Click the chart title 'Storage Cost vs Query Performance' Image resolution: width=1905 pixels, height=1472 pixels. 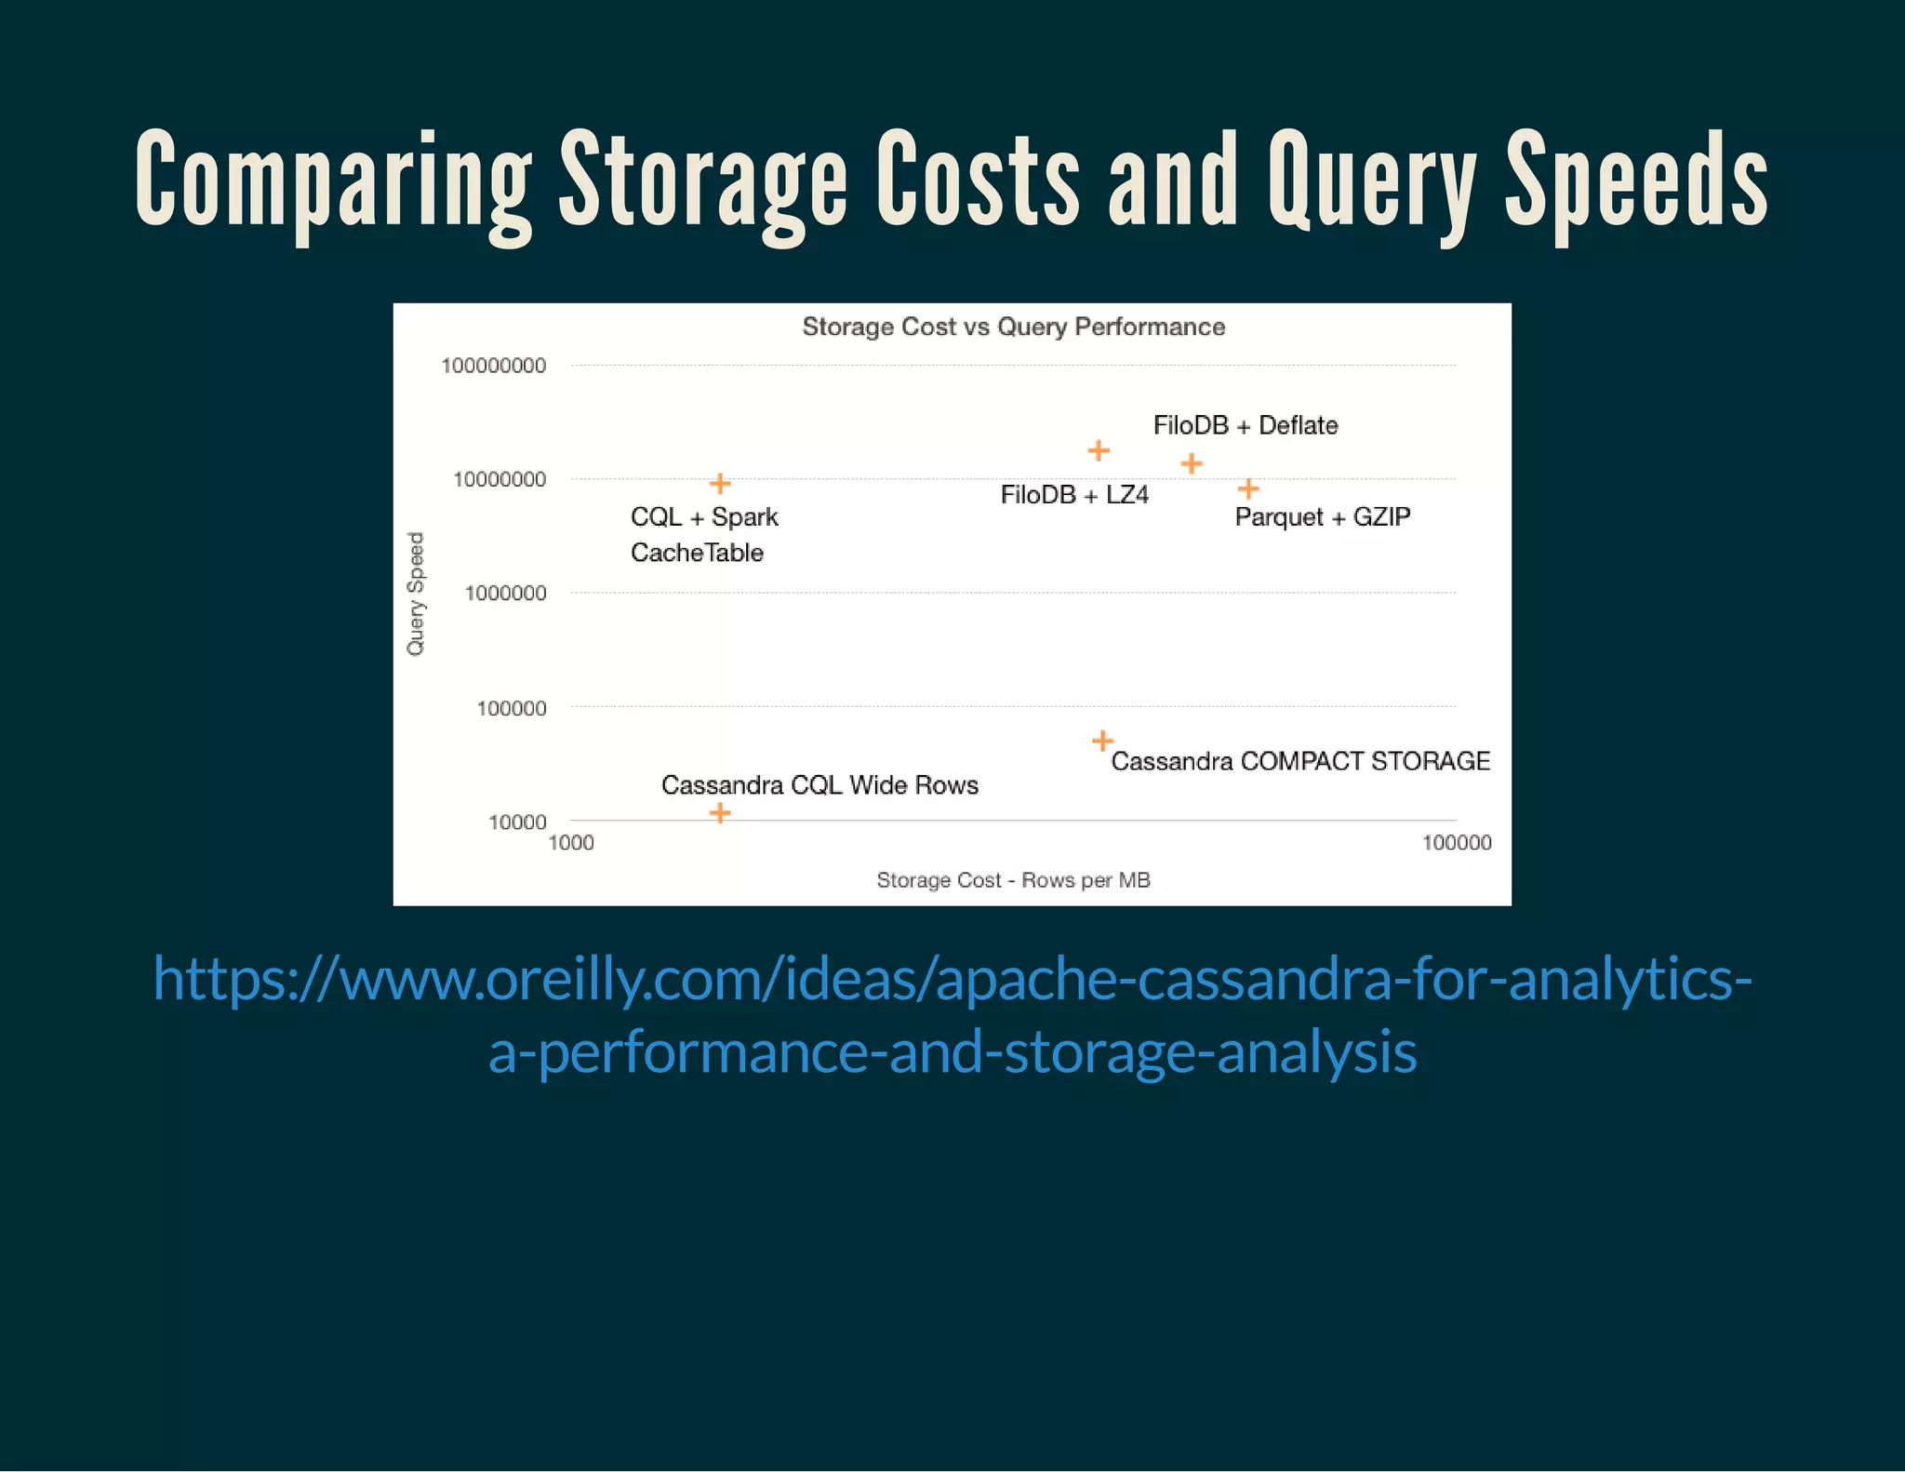click(x=1013, y=327)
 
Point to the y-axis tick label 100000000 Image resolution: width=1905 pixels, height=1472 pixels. click(x=493, y=366)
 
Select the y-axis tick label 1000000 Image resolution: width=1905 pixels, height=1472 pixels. click(x=505, y=594)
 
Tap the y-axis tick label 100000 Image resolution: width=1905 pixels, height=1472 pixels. click(x=511, y=708)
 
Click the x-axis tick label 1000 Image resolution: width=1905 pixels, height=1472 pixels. click(x=571, y=843)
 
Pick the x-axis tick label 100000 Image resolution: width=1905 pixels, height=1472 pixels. click(x=1457, y=843)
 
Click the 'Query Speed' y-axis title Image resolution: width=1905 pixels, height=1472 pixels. click(x=416, y=594)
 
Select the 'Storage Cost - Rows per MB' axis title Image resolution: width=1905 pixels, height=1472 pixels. click(x=1013, y=880)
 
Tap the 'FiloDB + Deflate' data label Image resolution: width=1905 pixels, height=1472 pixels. click(x=1245, y=425)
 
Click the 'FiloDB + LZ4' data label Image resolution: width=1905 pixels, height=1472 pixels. click(x=1074, y=495)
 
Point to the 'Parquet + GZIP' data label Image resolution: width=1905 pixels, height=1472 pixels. click(x=1322, y=516)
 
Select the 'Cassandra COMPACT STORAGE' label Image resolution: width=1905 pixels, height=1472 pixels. click(x=1300, y=761)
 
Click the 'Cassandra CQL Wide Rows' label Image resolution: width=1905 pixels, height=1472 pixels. click(x=819, y=785)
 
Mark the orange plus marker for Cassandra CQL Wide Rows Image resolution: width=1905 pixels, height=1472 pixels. click(x=720, y=813)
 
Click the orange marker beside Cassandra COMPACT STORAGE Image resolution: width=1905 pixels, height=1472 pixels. click(x=1102, y=741)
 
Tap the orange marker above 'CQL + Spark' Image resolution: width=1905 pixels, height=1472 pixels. click(x=720, y=483)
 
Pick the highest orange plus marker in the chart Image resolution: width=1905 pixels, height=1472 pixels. click(x=1099, y=450)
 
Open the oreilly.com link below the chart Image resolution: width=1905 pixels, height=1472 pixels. click(x=952, y=1014)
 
